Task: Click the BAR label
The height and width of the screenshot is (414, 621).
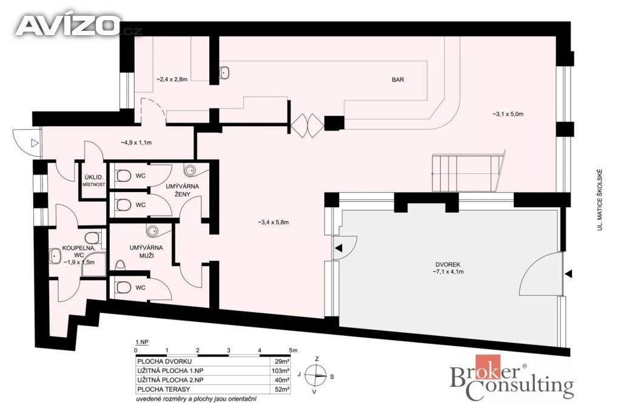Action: (398, 79)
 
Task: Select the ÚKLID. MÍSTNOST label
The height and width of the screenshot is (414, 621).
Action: (94, 181)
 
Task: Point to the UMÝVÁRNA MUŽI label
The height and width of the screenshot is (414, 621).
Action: (146, 252)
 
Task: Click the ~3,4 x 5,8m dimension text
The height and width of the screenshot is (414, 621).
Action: (273, 222)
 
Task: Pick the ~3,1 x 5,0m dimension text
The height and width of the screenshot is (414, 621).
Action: (508, 114)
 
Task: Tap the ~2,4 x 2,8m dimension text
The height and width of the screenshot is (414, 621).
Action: (172, 79)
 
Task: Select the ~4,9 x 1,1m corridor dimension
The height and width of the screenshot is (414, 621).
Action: (136, 142)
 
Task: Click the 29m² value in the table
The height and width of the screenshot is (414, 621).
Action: (282, 361)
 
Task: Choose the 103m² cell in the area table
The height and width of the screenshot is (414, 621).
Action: (280, 371)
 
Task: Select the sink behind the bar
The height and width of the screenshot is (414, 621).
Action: (224, 72)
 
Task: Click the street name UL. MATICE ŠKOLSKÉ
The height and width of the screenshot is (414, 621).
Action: (600, 200)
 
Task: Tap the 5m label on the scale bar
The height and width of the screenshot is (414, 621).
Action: (293, 350)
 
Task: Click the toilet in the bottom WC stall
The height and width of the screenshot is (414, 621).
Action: (123, 287)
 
